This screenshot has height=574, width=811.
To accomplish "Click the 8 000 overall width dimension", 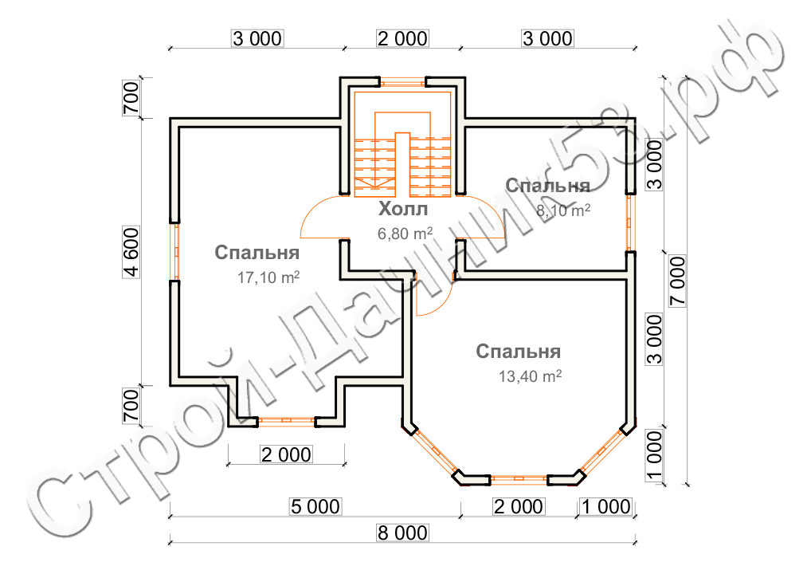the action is (x=402, y=533).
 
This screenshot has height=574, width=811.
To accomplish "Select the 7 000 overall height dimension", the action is (x=677, y=281).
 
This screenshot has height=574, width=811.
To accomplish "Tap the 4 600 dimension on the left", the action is (x=131, y=252).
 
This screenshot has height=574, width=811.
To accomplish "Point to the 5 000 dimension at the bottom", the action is (x=315, y=506).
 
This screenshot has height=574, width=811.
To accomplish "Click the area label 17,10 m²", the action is (x=268, y=277).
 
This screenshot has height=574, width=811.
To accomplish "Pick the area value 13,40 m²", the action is (x=530, y=375).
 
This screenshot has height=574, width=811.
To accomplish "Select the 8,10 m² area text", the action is (x=563, y=210).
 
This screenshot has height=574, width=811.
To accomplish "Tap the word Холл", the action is (x=403, y=209).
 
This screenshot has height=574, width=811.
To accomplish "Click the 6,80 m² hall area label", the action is (x=405, y=234).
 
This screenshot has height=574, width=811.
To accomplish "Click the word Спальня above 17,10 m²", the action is (x=257, y=253).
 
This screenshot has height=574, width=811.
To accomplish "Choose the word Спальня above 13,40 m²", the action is (x=519, y=352).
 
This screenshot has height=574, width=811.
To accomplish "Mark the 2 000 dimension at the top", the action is (x=402, y=38).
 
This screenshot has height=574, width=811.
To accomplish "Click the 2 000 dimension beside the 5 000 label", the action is (x=519, y=506).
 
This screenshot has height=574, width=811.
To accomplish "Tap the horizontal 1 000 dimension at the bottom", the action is (x=606, y=506).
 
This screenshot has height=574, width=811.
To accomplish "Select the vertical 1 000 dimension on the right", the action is (x=655, y=455).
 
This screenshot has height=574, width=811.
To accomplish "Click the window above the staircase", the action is (x=403, y=81).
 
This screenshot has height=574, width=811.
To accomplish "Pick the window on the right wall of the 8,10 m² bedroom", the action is (x=630, y=223).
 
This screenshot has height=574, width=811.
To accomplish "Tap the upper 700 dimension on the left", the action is (x=131, y=98).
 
